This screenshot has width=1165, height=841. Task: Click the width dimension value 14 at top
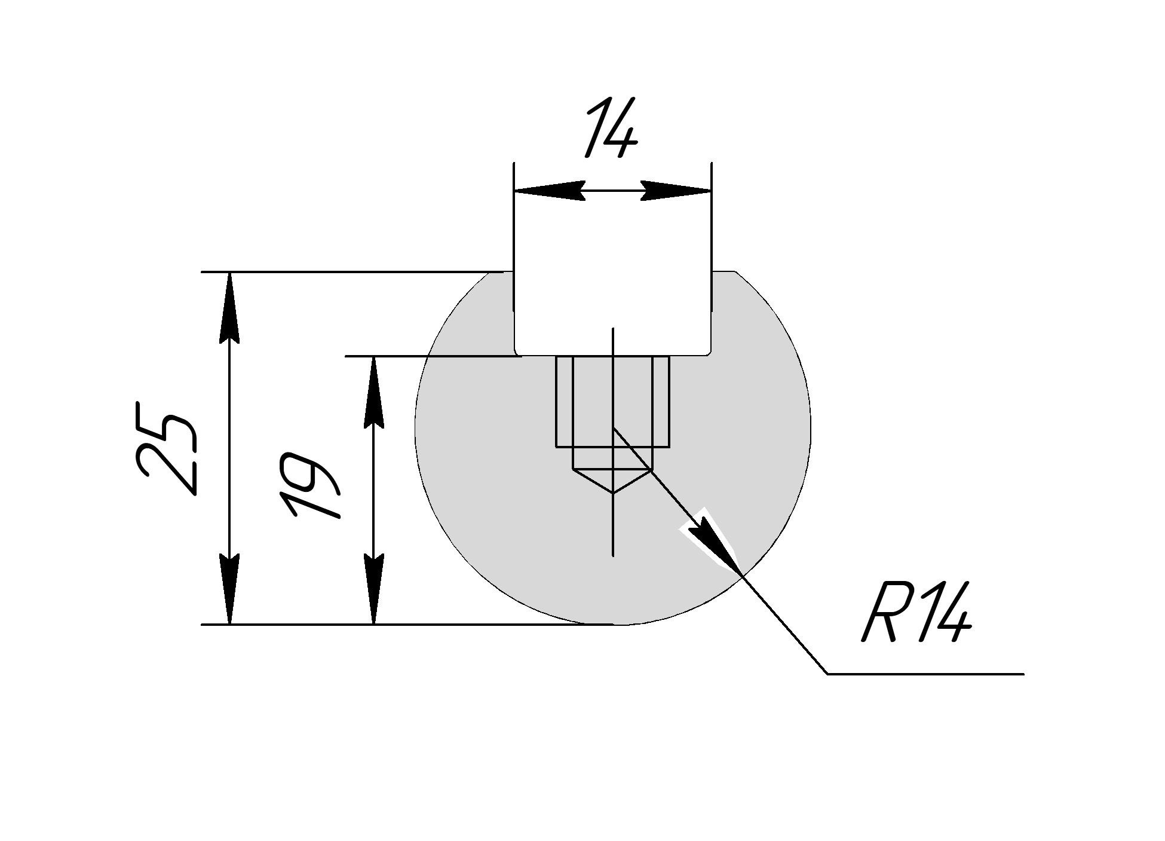(x=611, y=129)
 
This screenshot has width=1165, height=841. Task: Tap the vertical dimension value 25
(x=166, y=448)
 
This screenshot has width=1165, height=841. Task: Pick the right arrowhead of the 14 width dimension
(x=676, y=191)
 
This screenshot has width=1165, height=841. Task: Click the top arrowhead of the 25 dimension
(x=230, y=308)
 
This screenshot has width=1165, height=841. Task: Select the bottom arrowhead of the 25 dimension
(x=230, y=589)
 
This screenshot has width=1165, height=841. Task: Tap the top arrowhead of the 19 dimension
(x=374, y=392)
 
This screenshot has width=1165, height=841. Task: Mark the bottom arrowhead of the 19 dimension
(x=374, y=589)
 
